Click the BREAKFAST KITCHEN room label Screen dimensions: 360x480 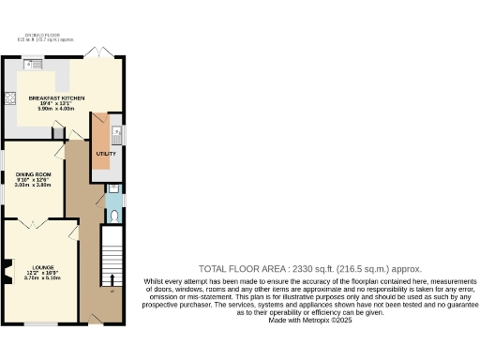pos(57,97)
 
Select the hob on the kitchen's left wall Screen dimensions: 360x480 pos(10,97)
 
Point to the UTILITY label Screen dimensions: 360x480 pos(105,153)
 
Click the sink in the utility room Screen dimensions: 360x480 pos(116,132)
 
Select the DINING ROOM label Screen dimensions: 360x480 pos(33,174)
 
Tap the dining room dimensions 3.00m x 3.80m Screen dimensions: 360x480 pos(33,186)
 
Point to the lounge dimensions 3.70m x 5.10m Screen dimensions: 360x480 pos(41,277)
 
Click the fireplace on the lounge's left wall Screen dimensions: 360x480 pos(8,267)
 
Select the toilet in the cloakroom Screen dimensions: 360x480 pos(113,215)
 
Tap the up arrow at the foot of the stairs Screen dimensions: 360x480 pos(112,279)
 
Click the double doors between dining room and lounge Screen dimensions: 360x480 pos(36,222)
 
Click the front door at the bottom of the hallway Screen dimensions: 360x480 pos(95,320)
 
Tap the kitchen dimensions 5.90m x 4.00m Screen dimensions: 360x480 pos(57,109)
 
